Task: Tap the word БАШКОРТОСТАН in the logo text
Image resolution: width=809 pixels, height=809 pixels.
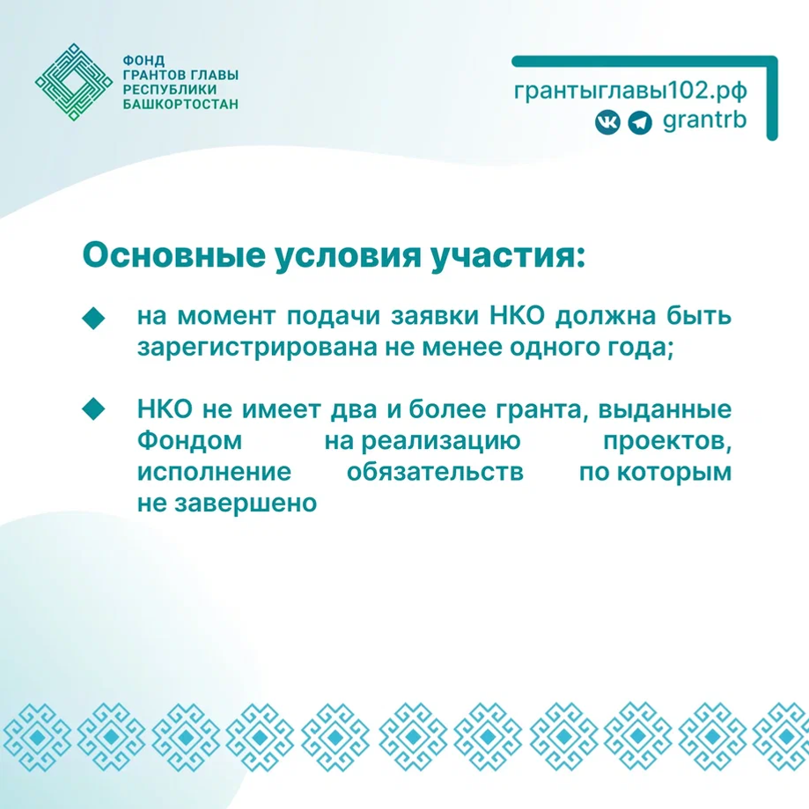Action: pos(180,105)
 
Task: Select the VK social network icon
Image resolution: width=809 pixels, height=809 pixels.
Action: pos(607,123)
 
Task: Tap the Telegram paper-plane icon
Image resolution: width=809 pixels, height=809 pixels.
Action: pos(640,123)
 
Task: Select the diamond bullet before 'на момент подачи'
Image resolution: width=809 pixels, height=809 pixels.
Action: pos(92,318)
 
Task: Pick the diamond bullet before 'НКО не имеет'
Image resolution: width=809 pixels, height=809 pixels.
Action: pos(92,411)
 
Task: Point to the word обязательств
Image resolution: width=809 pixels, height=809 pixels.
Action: pos(435,471)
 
